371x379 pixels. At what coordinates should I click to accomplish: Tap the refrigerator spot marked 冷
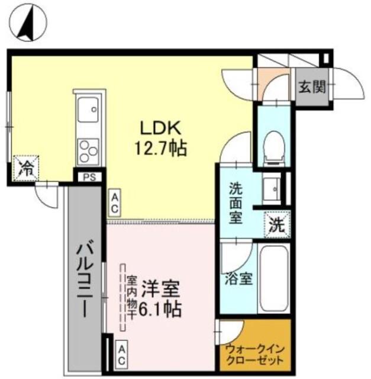point(27,166)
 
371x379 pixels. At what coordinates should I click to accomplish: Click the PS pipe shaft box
point(89,176)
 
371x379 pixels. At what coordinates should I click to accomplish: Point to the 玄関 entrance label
point(311,88)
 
